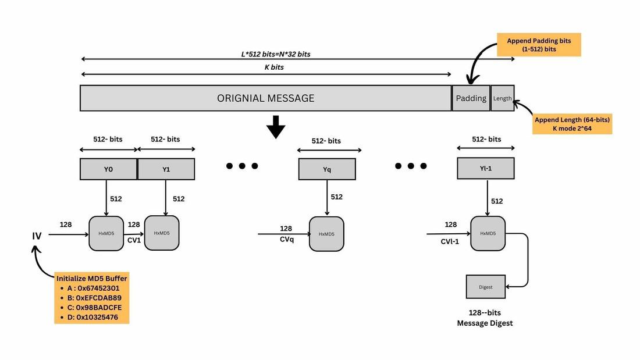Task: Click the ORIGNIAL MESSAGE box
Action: coord(266,98)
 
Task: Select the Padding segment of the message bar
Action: coord(471,98)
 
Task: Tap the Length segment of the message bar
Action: coord(503,98)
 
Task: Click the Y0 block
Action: coord(108,169)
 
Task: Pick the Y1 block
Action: coord(166,169)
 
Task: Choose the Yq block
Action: coord(326,169)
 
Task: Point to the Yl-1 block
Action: coord(486,169)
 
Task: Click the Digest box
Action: coord(486,287)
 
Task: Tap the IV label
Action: coord(37,236)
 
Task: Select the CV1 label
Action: coord(134,240)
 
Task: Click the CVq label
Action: coord(286,240)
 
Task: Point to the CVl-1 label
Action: coord(450,241)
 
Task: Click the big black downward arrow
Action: coord(276,127)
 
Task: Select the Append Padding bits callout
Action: coord(539,45)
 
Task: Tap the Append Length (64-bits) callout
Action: coord(572,124)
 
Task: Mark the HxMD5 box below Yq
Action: coord(326,234)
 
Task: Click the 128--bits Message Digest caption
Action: coord(485,318)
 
